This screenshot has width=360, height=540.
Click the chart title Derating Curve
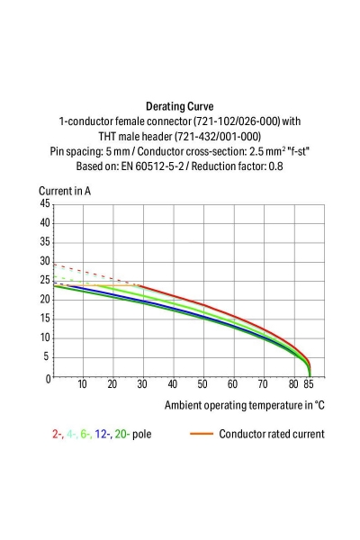pyautogui.click(x=180, y=104)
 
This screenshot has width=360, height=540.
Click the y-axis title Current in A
pyautogui.click(x=64, y=191)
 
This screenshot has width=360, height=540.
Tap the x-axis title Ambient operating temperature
pyautogui.click(x=244, y=405)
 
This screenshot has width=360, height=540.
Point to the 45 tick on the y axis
pyautogui.click(x=44, y=204)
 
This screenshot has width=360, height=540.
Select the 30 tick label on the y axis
pyautogui.click(x=44, y=262)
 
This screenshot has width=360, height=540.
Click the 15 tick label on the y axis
pyautogui.click(x=44, y=319)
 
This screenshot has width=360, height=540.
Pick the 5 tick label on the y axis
pyautogui.click(x=47, y=357)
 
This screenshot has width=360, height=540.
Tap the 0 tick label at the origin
pyautogui.click(x=47, y=378)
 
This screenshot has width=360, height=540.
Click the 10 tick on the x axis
pyautogui.click(x=83, y=385)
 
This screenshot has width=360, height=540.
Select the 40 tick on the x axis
pyautogui.click(x=173, y=385)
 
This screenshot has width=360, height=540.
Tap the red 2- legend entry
pyautogui.click(x=58, y=434)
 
